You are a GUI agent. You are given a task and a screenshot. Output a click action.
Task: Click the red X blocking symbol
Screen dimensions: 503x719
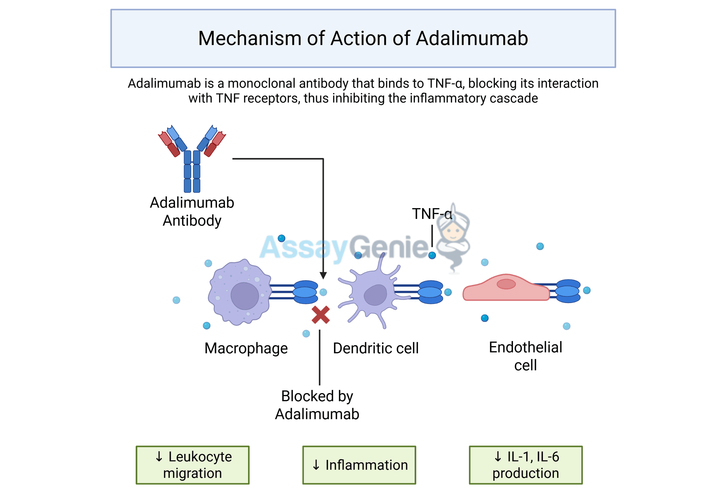[x=320, y=315]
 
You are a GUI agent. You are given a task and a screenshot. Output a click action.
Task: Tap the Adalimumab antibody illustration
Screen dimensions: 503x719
[x=192, y=158]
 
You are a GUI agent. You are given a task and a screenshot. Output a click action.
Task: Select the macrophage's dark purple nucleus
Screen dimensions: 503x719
[x=244, y=296]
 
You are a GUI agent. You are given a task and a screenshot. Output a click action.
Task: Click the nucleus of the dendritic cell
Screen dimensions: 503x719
[x=375, y=295]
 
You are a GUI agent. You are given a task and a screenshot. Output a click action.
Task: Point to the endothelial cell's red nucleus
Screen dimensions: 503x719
[x=506, y=284]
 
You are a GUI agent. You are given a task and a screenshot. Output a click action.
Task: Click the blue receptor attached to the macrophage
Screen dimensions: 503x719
[x=305, y=292]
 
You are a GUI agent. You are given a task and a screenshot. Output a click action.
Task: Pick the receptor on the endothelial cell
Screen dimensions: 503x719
[x=568, y=291]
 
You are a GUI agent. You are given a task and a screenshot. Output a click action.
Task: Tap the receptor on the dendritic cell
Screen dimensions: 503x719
[x=431, y=292]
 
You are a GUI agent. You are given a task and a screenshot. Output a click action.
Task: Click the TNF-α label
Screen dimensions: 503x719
[x=431, y=214]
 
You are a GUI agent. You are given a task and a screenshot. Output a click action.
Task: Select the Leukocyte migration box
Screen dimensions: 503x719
[x=192, y=465]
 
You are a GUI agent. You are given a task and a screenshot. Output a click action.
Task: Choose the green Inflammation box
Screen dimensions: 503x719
[x=359, y=465]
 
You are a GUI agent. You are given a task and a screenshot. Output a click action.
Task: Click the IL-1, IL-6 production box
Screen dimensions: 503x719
[x=525, y=465]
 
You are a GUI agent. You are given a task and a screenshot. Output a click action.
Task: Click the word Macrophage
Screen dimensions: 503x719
[x=246, y=349]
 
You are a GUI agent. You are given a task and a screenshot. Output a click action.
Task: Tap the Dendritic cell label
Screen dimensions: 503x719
[x=375, y=349]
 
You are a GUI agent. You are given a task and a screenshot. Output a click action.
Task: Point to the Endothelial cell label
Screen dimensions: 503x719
[x=525, y=356]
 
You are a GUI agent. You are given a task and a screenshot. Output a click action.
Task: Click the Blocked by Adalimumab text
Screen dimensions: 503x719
[x=317, y=405]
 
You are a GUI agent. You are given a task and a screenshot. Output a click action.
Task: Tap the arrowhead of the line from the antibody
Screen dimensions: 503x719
[x=323, y=275]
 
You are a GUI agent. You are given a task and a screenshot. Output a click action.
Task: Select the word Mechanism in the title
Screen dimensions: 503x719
[x=250, y=38]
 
